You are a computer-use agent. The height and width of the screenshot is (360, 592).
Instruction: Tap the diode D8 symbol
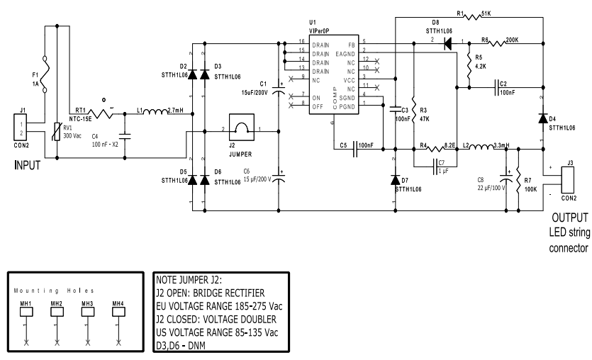(x=448, y=43)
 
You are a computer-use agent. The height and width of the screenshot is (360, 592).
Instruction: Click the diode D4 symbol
(x=542, y=117)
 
